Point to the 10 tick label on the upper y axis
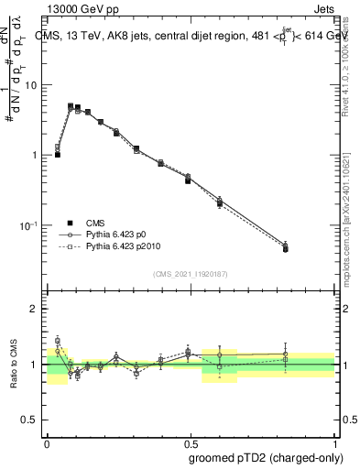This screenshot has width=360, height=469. (x=32, y=85)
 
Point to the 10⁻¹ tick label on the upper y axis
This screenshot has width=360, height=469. (x=30, y=225)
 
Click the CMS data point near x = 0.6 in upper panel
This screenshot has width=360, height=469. (x=220, y=203)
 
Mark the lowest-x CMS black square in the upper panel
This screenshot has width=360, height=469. (x=58, y=155)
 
